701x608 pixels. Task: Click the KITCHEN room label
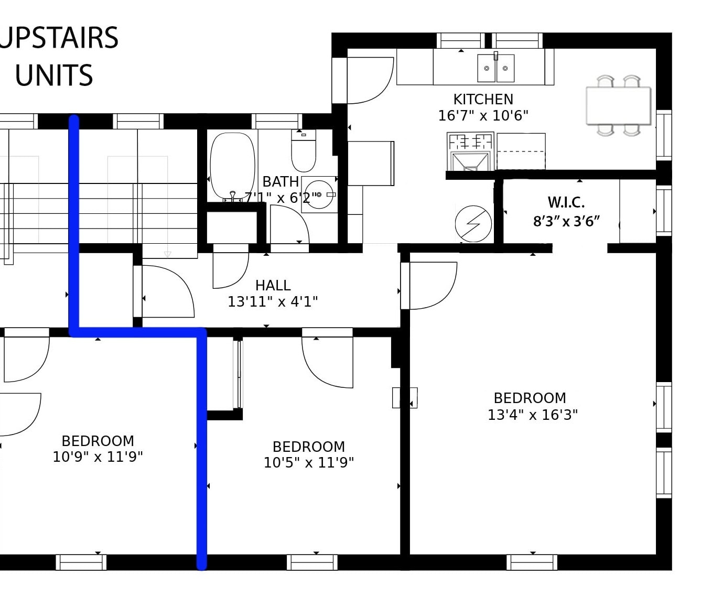point(483,99)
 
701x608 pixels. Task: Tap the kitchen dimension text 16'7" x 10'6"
point(483,115)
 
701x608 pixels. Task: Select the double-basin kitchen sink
point(495,68)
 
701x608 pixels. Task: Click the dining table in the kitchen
point(618,105)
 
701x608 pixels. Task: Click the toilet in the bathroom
point(304,151)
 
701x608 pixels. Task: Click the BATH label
point(281,181)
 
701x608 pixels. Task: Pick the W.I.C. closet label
point(566,202)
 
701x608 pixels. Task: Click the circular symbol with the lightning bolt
point(473,224)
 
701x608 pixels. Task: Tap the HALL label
point(273,285)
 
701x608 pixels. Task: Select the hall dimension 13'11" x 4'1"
point(273,302)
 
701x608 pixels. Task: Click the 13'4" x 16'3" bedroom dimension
point(532,415)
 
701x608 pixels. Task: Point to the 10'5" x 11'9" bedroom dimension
point(308,463)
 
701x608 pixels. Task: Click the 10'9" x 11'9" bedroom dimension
point(98,457)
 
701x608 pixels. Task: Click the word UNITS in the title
point(54,75)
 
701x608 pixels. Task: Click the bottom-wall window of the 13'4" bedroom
point(532,562)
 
